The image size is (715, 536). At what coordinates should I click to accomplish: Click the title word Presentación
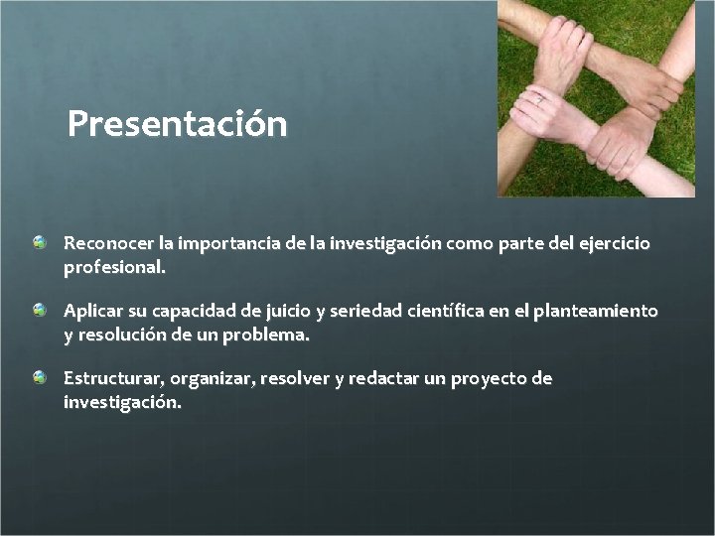[x=177, y=125]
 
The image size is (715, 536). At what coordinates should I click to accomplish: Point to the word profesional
[x=113, y=267]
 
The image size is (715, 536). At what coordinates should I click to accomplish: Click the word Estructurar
[x=113, y=378]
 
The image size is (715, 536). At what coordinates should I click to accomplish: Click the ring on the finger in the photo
[x=539, y=98]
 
